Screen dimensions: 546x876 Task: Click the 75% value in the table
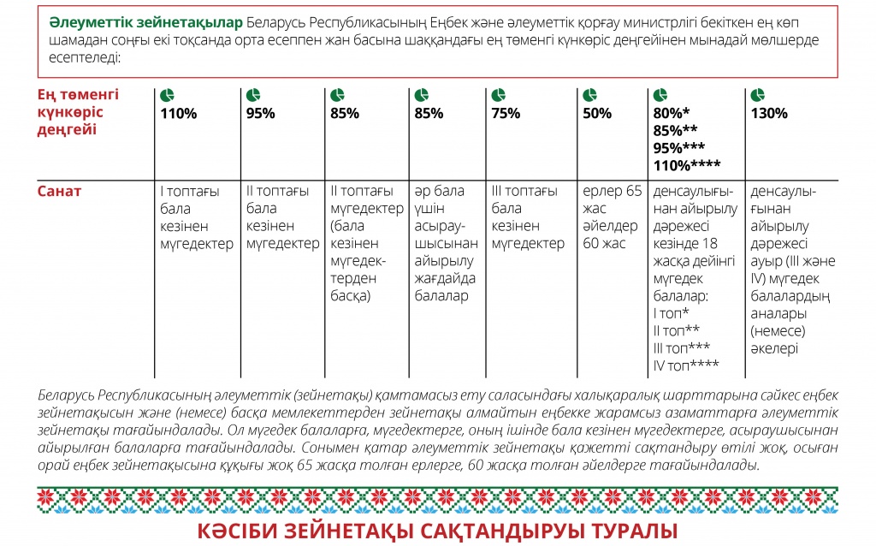click(506, 113)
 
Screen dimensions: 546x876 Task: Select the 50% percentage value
click(597, 113)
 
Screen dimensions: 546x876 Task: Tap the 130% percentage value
click(769, 113)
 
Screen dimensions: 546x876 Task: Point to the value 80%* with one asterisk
click(671, 113)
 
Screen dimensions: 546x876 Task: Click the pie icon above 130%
click(757, 95)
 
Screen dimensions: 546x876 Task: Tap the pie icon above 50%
click(589, 95)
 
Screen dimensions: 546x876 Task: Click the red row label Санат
click(59, 191)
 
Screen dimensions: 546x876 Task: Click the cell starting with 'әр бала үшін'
click(444, 243)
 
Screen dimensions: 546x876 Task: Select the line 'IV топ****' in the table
click(685, 366)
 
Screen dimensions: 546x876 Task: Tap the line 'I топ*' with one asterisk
click(671, 314)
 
